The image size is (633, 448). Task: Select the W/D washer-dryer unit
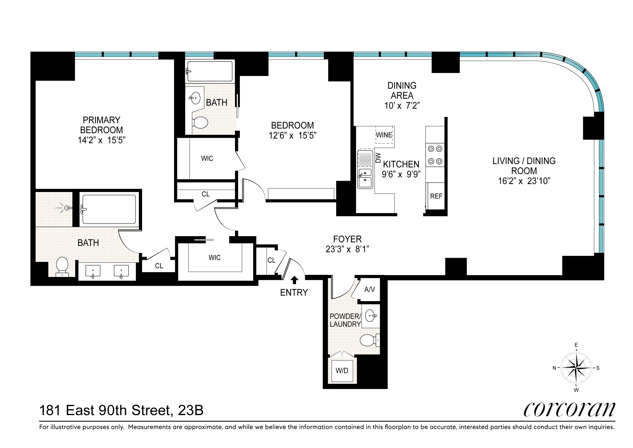342,371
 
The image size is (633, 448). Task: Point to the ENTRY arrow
294,280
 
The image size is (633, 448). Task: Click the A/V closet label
369,289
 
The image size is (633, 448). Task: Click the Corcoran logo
569,410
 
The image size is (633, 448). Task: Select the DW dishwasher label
378,158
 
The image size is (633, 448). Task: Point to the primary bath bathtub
109,209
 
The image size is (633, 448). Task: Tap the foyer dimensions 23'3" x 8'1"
347,249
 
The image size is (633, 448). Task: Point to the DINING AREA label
402,91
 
